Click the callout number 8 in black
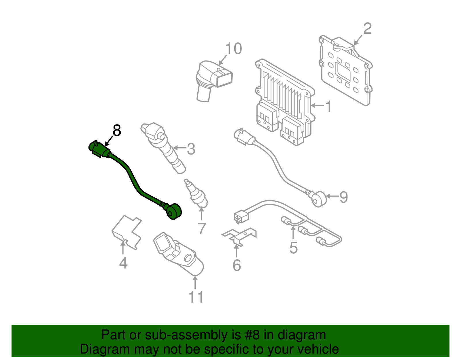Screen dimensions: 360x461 (x=117, y=131)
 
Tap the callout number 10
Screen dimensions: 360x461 (x=233, y=49)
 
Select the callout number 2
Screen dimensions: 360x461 (x=367, y=29)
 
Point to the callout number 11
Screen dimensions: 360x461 (x=196, y=297)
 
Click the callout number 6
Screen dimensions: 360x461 (x=237, y=265)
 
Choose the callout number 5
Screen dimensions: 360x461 (x=293, y=248)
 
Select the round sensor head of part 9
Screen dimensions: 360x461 (x=320, y=199)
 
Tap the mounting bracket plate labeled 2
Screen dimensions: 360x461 (x=346, y=72)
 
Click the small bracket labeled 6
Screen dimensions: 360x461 (x=239, y=235)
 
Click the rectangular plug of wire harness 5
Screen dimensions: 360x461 (x=241, y=217)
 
